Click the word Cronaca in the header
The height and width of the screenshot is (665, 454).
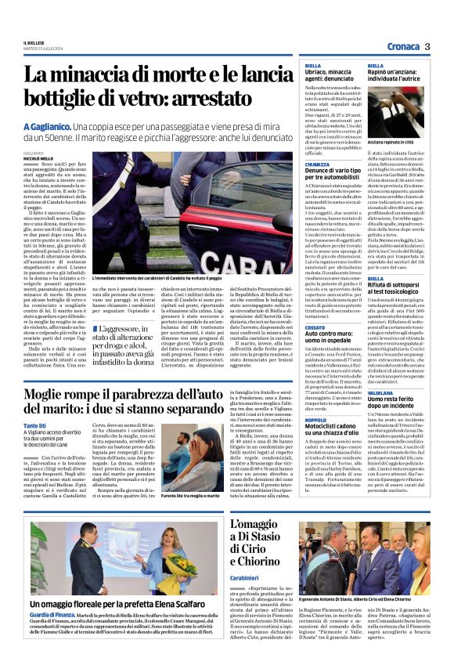click(x=403, y=46)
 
